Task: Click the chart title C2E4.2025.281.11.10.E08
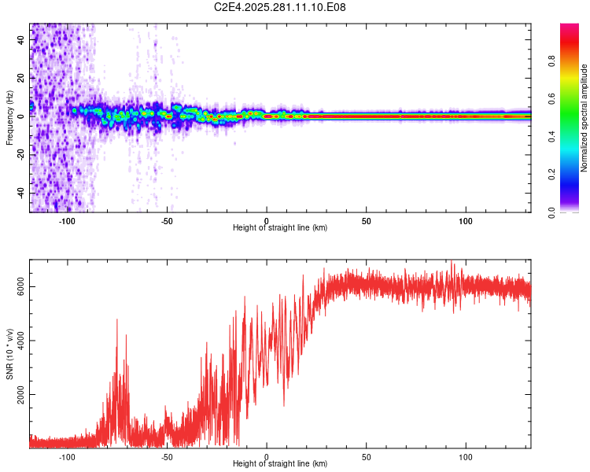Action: click(x=280, y=7)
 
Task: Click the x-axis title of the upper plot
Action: click(x=280, y=227)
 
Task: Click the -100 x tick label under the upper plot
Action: click(x=67, y=219)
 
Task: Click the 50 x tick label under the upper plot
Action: click(x=367, y=219)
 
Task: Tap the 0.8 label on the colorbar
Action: click(x=552, y=61)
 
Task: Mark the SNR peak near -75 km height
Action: click(x=117, y=319)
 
